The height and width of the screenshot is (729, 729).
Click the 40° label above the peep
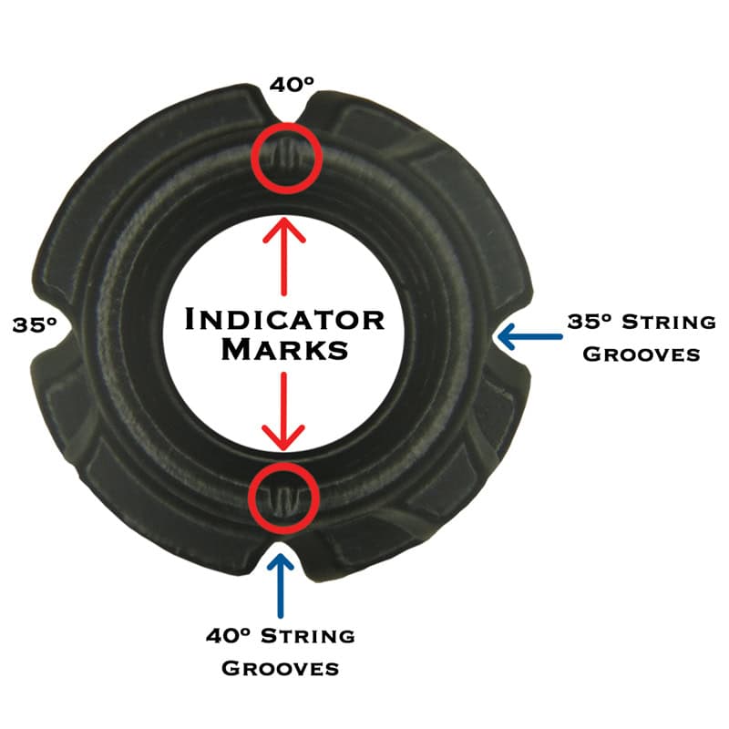click(292, 84)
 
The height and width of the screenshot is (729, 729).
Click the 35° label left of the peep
click(35, 324)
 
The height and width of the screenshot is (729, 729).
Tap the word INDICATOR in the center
click(285, 320)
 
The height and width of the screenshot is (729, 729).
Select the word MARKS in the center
click(285, 349)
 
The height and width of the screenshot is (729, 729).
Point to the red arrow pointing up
click(284, 256)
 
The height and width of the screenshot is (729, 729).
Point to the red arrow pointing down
click(283, 411)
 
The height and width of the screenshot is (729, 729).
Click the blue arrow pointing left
click(530, 336)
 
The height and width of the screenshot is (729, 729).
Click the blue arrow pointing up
click(281, 585)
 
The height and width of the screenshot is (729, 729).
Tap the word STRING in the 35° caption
click(669, 322)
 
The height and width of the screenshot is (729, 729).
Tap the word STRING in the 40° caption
click(308, 635)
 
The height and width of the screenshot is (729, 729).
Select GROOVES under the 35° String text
click(642, 354)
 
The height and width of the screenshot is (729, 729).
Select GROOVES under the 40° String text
click(280, 668)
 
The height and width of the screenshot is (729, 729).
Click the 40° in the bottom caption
click(229, 635)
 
